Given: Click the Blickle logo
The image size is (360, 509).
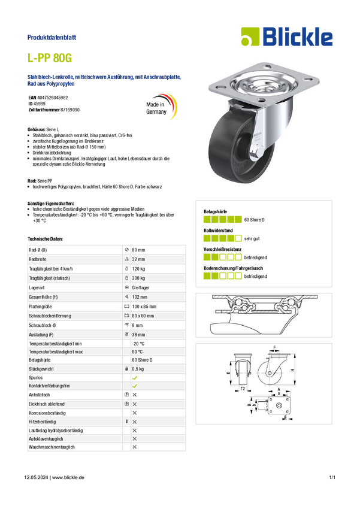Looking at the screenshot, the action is (287, 37).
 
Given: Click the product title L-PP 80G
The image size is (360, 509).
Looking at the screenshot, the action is (50, 58).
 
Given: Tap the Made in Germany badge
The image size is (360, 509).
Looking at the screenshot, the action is (161, 107).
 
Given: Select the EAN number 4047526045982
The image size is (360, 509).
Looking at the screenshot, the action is (53, 98).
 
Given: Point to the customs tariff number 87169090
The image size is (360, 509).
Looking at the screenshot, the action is (70, 110).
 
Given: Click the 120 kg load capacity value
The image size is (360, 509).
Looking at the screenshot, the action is (138, 269).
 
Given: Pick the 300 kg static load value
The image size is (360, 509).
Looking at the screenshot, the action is (138, 278).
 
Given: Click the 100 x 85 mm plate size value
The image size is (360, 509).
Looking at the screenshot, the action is (144, 307).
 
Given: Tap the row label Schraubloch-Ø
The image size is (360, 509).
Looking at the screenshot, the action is (40, 325).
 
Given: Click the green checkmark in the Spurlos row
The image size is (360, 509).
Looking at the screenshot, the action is (135, 378).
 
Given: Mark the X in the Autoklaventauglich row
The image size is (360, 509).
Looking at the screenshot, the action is (135, 439).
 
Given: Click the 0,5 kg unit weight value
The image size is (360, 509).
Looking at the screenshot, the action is (138, 369).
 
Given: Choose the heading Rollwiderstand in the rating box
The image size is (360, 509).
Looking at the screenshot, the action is (218, 231).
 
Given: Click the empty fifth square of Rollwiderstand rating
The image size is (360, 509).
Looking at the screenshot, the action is (238, 238).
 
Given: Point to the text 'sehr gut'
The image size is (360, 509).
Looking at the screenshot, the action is (252, 238).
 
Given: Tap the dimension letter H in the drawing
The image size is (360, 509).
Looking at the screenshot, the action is (292, 369).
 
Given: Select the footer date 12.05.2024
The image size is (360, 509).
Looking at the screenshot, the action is (36, 477).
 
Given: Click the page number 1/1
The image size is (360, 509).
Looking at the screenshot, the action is (332, 477).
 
